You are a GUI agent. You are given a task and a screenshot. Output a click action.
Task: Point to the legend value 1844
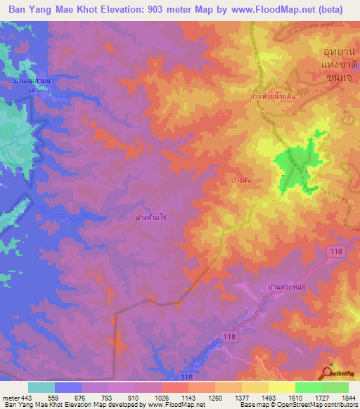point(348,398)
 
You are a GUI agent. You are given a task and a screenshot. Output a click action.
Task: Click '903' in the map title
point(176,10)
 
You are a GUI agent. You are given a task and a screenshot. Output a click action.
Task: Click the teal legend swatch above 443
point(41,387)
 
